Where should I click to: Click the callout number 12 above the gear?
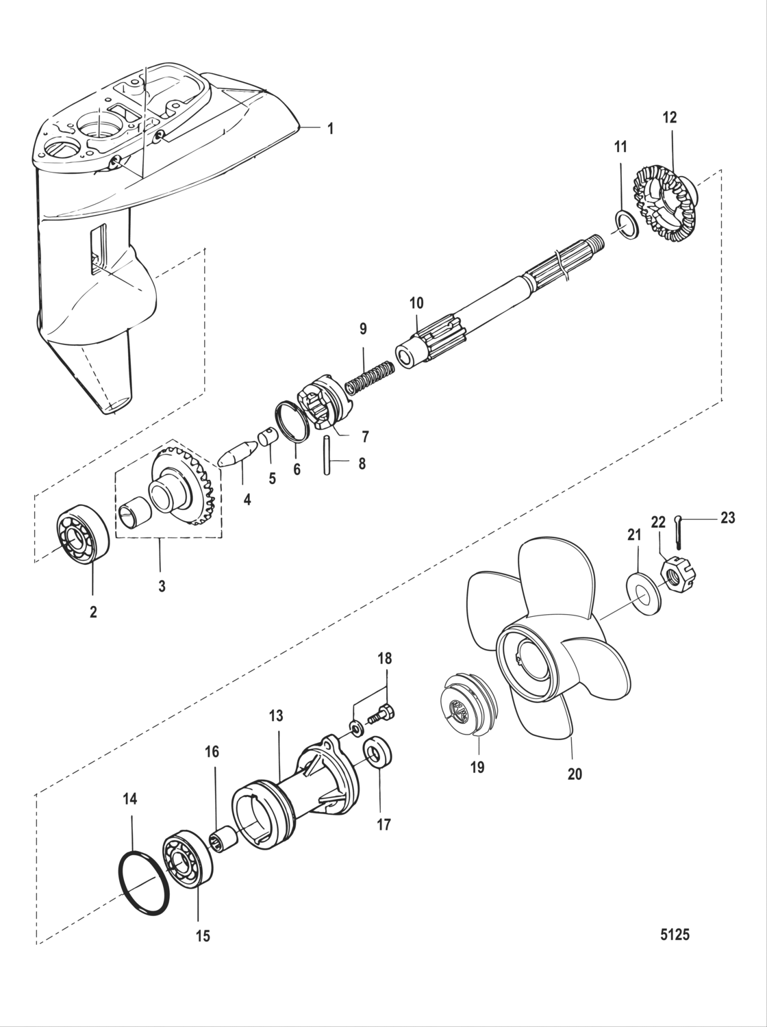point(669,118)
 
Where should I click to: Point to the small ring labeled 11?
point(625,226)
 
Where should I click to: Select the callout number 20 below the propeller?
point(574,774)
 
